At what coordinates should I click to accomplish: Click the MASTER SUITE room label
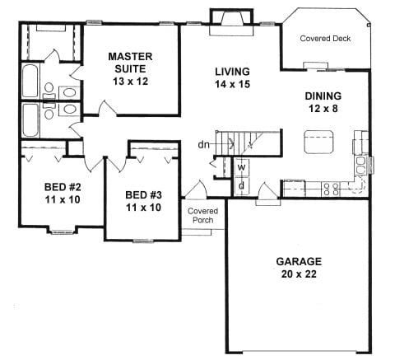pos(130,68)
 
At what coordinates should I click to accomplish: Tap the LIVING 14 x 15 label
pos(232,77)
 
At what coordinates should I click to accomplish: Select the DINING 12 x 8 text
pos(323,102)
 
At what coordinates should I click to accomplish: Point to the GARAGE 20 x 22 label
pos(299,268)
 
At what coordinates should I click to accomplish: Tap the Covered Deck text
pos(325,39)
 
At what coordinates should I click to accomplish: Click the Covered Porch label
pos(203,216)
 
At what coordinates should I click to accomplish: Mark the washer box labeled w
pos(241,167)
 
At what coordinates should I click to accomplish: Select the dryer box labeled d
pos(241,186)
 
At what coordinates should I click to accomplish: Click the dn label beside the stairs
pos(203,144)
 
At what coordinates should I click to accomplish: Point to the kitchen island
pos(319,142)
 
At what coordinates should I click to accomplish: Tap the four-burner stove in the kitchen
pos(331,189)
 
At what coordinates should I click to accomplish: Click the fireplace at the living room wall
pos(231,22)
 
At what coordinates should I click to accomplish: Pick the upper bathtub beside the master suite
pos(30,81)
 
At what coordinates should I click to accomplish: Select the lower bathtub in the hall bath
pos(30,120)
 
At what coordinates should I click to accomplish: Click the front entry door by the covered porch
pos(195,190)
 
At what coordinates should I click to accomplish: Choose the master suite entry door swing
pos(108,107)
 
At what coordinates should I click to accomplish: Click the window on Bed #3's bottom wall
pos(143,241)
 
